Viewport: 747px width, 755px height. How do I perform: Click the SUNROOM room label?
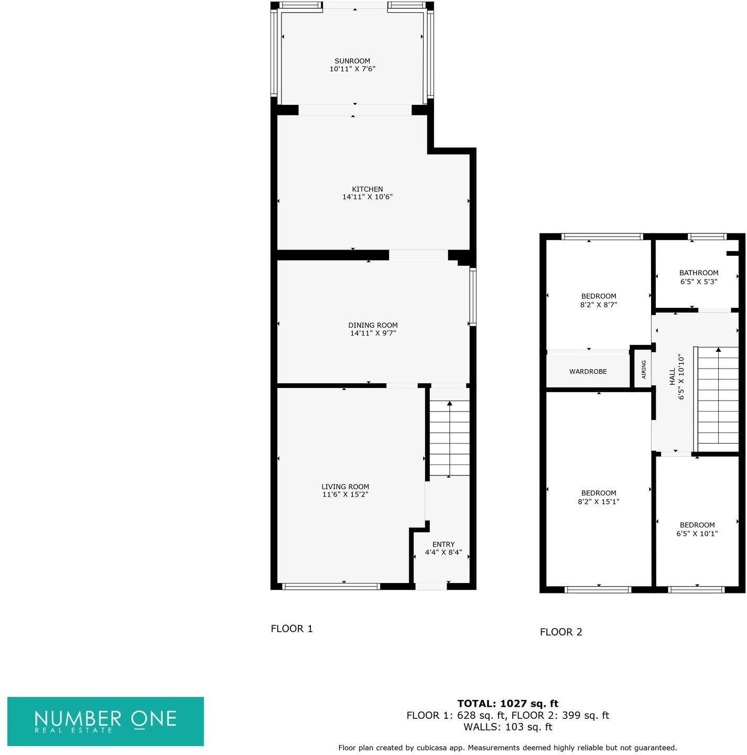[x=352, y=61]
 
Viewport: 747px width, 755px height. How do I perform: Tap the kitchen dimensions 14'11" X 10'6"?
[x=367, y=197]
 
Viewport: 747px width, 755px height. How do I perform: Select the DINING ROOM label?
[x=373, y=325]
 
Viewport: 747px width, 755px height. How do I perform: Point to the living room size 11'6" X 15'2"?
[x=345, y=494]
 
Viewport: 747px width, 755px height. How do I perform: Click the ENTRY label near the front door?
[x=443, y=544]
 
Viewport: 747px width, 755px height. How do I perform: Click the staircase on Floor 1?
[x=449, y=438]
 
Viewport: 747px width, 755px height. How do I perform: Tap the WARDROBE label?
[x=588, y=372]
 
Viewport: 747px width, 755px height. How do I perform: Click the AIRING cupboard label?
[x=643, y=370]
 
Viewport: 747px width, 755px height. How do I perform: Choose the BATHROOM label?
[x=698, y=273]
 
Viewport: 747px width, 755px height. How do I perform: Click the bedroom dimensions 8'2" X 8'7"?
[x=598, y=305]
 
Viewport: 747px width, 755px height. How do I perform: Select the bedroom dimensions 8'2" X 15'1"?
[x=598, y=502]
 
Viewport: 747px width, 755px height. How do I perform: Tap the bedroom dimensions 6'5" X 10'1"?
[x=697, y=534]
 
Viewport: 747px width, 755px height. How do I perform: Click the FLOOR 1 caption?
[x=291, y=629]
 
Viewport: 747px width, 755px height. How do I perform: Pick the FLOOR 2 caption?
[x=561, y=632]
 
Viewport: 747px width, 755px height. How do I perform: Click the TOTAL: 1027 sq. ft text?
[x=507, y=704]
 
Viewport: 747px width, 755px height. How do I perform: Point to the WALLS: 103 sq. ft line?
[x=507, y=727]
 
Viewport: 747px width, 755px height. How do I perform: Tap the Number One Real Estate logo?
[x=105, y=721]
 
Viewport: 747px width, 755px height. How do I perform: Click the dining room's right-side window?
[x=473, y=297]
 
